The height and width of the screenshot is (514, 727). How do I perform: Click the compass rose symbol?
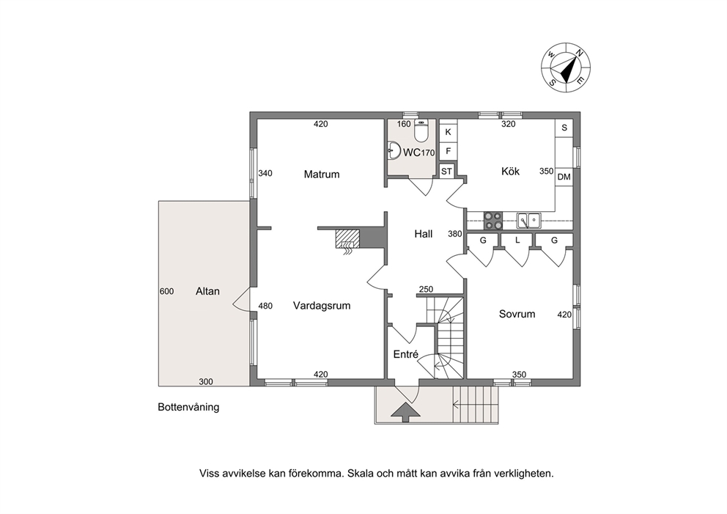tap(566, 67)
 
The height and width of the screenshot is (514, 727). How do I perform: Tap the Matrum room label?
tap(322, 175)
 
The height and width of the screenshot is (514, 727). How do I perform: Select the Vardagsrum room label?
tap(322, 306)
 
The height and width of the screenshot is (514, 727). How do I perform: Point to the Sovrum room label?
tap(517, 314)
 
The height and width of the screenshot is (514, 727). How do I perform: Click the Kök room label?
tap(511, 171)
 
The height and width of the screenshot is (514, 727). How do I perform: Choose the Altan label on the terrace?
tap(207, 291)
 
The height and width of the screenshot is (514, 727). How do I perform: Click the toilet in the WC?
tap(421, 131)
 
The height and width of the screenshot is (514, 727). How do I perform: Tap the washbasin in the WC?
tap(394, 150)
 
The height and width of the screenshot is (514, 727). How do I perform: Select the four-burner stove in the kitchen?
tap(493, 221)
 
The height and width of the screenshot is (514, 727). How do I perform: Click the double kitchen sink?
tap(529, 221)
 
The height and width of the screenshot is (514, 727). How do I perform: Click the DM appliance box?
tap(564, 177)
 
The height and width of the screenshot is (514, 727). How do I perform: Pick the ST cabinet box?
tap(446, 172)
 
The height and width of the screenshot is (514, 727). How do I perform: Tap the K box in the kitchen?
tap(449, 132)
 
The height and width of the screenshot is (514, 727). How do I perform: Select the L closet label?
tap(517, 241)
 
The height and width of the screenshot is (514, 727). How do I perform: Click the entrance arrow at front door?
tap(406, 412)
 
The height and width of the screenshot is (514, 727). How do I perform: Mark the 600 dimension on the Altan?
tap(166, 291)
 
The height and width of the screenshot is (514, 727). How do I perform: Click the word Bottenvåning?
tap(188, 407)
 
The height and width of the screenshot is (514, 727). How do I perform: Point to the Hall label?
tap(424, 234)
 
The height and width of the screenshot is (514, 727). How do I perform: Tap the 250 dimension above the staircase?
tap(426, 290)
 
